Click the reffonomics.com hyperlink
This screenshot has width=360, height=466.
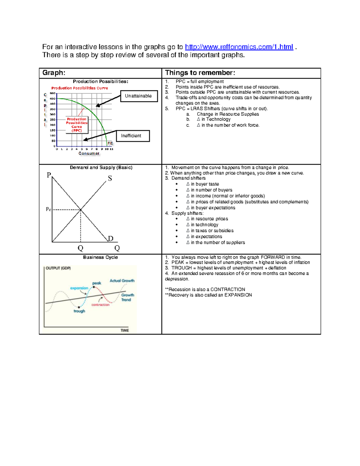click(239, 47)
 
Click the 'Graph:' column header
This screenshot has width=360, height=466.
click(54, 73)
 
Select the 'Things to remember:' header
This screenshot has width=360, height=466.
click(200, 73)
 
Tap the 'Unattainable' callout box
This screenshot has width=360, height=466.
click(139, 96)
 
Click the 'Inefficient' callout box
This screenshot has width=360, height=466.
click(131, 136)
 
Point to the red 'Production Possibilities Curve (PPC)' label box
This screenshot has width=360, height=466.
click(77, 125)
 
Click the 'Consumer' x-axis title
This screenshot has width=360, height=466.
click(89, 153)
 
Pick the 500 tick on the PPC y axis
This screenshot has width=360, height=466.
click(52, 93)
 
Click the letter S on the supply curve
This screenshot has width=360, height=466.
click(110, 178)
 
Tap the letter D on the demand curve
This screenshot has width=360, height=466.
click(111, 239)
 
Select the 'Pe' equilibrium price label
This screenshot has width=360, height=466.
click(48, 209)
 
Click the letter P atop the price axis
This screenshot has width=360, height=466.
click(49, 175)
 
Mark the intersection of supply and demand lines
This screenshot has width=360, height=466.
click(80, 209)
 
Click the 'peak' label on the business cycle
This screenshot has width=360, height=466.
click(97, 283)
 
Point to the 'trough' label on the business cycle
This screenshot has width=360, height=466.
click(79, 311)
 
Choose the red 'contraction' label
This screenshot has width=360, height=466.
click(100, 305)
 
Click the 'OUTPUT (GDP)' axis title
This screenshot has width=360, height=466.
click(58, 268)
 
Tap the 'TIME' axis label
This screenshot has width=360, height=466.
click(124, 330)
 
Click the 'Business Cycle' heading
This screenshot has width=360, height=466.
click(100, 257)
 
